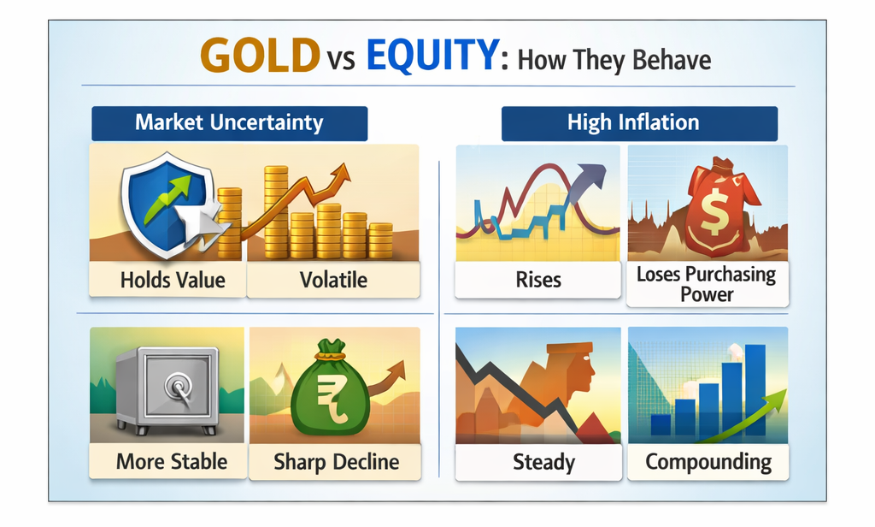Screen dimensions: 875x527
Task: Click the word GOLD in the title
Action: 260,56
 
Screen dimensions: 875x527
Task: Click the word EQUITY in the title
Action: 432,56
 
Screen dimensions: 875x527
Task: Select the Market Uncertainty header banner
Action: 229,123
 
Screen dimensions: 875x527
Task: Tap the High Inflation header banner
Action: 639,123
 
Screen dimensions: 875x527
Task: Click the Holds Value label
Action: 173,280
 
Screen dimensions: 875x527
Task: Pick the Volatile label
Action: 334,280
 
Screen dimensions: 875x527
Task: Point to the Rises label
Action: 538,280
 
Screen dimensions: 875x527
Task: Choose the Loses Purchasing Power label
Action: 707,284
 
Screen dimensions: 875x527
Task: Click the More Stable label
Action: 172,462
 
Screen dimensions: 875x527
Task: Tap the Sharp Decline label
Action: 336,462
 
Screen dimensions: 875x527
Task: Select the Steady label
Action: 543,462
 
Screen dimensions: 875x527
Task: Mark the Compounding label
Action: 708,462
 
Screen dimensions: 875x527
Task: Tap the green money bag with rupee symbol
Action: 330,389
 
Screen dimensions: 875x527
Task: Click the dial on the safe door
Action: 179,386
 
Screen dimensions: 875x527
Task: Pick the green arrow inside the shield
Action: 167,198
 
